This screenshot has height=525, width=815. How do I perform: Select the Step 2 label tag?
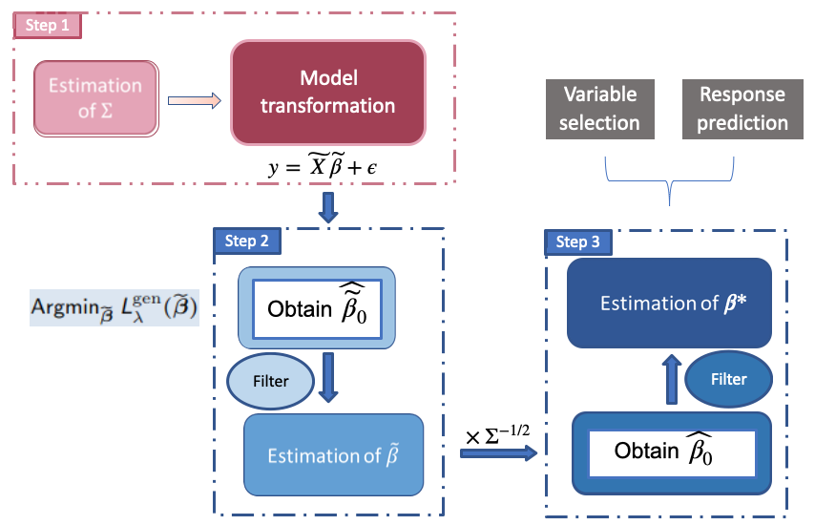pos(246,241)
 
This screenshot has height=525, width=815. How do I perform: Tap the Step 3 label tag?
pos(577,242)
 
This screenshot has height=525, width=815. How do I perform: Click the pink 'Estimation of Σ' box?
pos(94,97)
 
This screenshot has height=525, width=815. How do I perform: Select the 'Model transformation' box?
pos(328,92)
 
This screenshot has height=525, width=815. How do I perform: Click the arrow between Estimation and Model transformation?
pos(195,99)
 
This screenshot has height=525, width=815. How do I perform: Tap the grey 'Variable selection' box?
pos(599,108)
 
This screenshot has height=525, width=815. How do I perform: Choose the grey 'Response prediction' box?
pos(742,108)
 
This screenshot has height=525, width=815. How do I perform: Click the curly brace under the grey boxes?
pos(670,180)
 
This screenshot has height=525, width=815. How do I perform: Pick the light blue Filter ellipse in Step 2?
pos(270,381)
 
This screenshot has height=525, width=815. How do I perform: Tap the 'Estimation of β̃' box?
pos(333,454)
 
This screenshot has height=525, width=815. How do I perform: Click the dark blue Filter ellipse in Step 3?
pos(728,379)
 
